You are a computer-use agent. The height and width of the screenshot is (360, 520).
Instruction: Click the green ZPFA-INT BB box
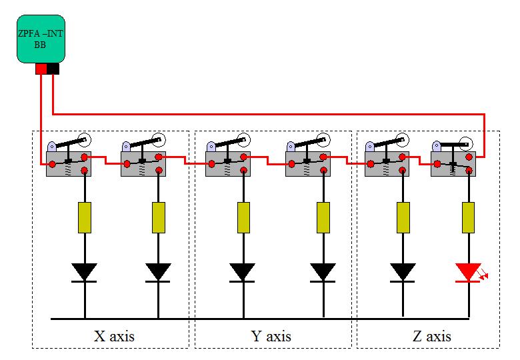[x=41, y=39]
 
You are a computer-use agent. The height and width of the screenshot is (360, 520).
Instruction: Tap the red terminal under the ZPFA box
[x=41, y=69]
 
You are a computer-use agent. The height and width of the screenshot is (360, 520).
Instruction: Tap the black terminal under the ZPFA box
[x=53, y=69]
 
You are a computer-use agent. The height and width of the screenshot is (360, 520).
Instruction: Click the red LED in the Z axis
[x=468, y=273]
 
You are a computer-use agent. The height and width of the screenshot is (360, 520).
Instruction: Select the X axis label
[x=115, y=335]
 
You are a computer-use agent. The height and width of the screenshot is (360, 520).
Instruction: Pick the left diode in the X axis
[x=85, y=272]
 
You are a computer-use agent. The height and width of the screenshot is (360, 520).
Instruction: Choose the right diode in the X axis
[x=158, y=272]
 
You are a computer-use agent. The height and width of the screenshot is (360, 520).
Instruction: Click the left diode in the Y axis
[x=243, y=272]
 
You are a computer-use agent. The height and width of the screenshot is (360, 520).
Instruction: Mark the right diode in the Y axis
[x=323, y=272]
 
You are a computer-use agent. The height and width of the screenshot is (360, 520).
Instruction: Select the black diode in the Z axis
[x=403, y=272]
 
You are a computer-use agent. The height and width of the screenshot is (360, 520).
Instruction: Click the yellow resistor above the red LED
[x=468, y=217]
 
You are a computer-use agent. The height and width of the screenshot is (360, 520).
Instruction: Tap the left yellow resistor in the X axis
[x=85, y=217]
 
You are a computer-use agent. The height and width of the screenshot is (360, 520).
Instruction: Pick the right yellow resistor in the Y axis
[x=323, y=217]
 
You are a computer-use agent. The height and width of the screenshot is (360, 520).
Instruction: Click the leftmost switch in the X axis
[x=68, y=162]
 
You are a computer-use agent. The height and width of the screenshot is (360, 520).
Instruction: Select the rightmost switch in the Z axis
[x=453, y=162]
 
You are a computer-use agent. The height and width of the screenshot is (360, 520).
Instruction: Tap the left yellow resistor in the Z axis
[x=403, y=217]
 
